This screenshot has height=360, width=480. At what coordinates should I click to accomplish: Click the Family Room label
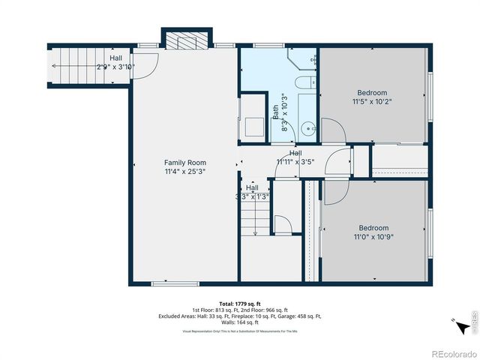(x=185, y=162)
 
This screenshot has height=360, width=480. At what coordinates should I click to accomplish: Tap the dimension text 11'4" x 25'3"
(x=185, y=171)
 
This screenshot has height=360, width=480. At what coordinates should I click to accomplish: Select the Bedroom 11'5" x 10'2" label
(x=373, y=97)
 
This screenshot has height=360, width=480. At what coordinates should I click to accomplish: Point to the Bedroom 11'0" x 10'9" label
(x=373, y=232)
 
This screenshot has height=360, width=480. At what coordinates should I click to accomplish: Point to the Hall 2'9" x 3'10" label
(x=115, y=62)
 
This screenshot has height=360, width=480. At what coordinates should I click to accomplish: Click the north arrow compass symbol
(x=454, y=321)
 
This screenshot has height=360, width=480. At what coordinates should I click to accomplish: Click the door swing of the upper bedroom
(x=334, y=131)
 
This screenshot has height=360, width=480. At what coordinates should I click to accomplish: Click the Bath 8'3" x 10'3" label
(x=279, y=112)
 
